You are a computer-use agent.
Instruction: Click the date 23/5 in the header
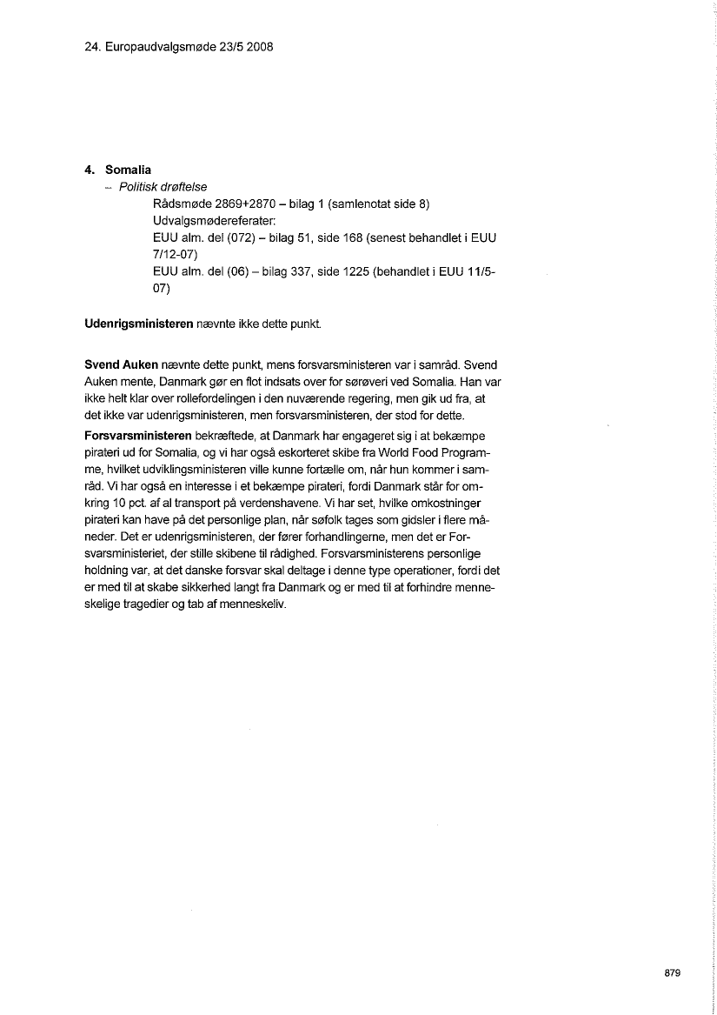[x=231, y=46]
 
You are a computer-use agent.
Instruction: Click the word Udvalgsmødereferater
[x=213, y=221]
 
